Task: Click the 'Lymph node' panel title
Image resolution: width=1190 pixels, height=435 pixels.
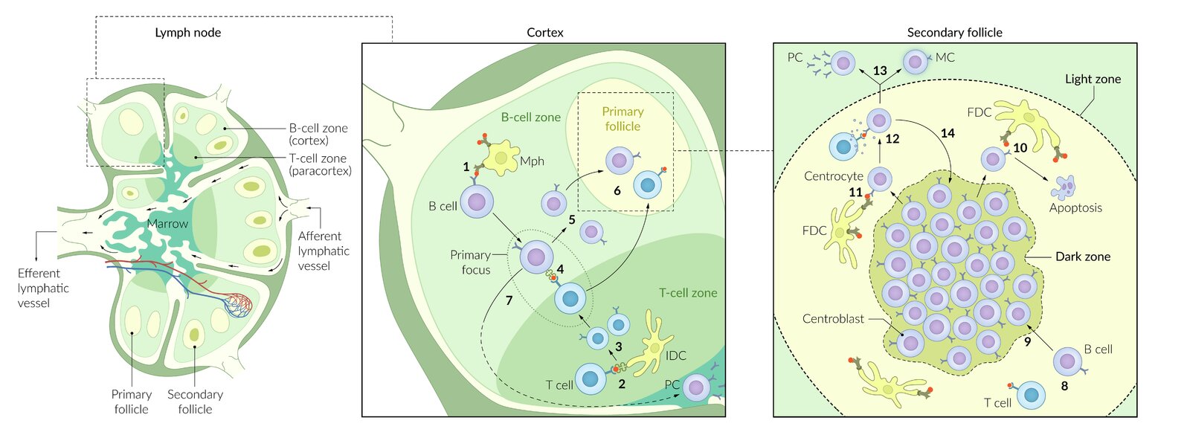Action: pyautogui.click(x=187, y=33)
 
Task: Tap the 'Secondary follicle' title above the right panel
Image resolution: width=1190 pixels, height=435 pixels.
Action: pyautogui.click(x=954, y=33)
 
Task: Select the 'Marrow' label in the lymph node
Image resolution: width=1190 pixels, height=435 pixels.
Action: pyautogui.click(x=167, y=224)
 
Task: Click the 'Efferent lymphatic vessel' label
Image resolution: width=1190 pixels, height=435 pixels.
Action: pyautogui.click(x=43, y=288)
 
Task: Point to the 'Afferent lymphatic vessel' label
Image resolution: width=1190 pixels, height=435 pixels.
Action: pyautogui.click(x=324, y=251)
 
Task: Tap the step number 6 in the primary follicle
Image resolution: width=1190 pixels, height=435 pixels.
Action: pyautogui.click(x=617, y=190)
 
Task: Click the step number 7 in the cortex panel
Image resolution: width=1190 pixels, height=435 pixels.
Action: pyautogui.click(x=509, y=300)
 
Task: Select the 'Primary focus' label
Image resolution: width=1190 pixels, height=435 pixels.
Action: pyautogui.click(x=470, y=262)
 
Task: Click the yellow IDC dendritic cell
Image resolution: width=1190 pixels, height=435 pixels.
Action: pyautogui.click(x=652, y=345)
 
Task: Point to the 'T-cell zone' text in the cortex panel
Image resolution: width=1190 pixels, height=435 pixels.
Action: pyautogui.click(x=688, y=293)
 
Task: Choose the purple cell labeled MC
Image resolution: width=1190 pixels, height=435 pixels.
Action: pyautogui.click(x=916, y=61)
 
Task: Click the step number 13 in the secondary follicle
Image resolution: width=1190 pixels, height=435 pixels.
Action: pyautogui.click(x=880, y=71)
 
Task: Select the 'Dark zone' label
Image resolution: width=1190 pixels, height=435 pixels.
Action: pyautogui.click(x=1082, y=257)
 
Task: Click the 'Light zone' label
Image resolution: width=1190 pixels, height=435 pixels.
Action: pyautogui.click(x=1093, y=79)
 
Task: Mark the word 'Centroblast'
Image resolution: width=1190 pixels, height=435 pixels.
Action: pyautogui.click(x=833, y=319)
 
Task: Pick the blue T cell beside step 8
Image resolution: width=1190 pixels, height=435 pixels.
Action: pyautogui.click(x=1031, y=396)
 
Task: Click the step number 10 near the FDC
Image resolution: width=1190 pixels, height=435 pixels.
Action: pyautogui.click(x=1020, y=148)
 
